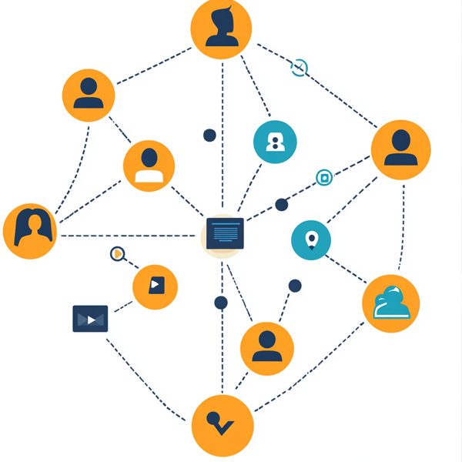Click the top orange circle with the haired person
pyautogui.click(x=222, y=28)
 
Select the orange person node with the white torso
pyautogui.click(x=149, y=166)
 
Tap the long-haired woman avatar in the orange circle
pyautogui.click(x=31, y=231)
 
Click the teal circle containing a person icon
pyautogui.click(x=275, y=142)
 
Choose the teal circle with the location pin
pyautogui.click(x=311, y=240)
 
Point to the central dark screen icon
pyautogui.click(x=225, y=233)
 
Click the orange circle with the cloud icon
pyautogui.click(x=391, y=303)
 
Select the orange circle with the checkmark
pyautogui.click(x=222, y=426)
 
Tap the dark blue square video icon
pyautogui.click(x=90, y=319)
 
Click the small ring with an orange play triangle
pyautogui.click(x=117, y=253)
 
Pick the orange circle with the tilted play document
pyautogui.click(x=155, y=286)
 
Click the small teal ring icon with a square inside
pyautogui.click(x=325, y=179)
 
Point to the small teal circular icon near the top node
pyautogui.click(x=299, y=68)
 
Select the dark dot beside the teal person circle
pyautogui.click(x=209, y=136)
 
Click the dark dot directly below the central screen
pyautogui.click(x=221, y=303)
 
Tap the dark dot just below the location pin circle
pyautogui.click(x=295, y=286)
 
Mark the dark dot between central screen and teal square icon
pyautogui.click(x=282, y=205)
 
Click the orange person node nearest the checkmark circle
pyautogui.click(x=267, y=348)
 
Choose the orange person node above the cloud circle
pyautogui.click(x=400, y=149)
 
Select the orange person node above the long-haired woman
pyautogui.click(x=89, y=95)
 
